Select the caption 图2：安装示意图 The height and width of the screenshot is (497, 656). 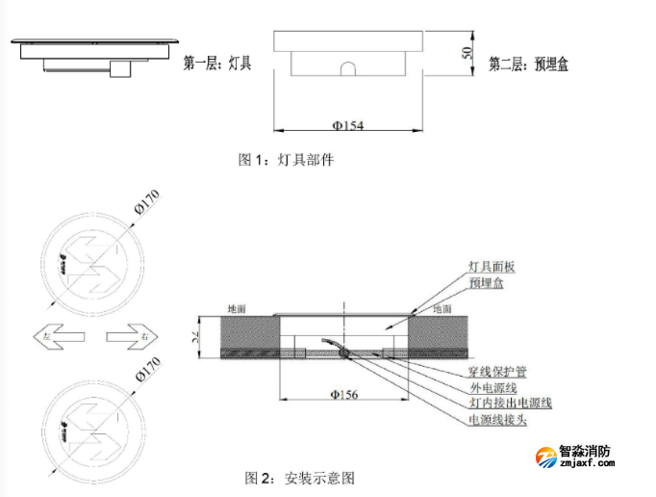tap(300, 477)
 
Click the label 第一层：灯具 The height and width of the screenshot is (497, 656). tap(216, 65)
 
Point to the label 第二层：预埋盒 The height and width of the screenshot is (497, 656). tap(529, 65)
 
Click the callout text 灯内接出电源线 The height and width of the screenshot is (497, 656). tap(510, 404)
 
